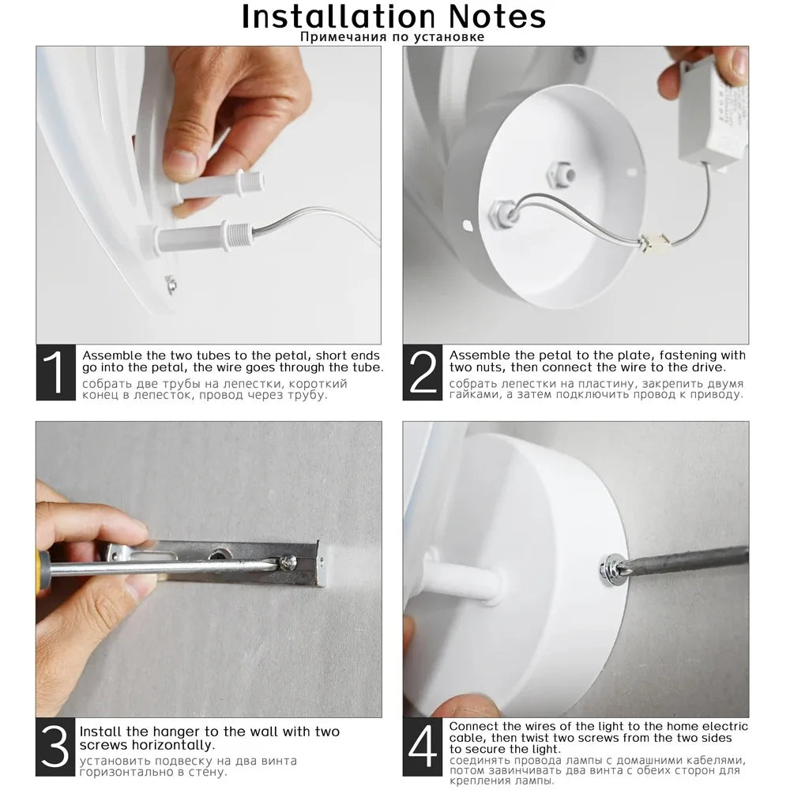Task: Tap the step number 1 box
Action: (55, 372)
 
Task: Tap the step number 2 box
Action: (422, 372)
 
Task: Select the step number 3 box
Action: (55, 747)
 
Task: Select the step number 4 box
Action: (422, 747)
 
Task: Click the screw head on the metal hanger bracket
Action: (288, 562)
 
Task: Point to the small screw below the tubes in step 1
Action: (171, 284)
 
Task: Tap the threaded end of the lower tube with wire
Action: (239, 235)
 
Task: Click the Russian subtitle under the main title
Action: (392, 37)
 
